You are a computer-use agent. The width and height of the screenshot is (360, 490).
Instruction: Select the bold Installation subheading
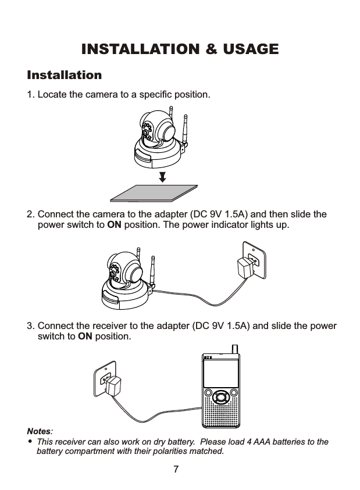(64, 76)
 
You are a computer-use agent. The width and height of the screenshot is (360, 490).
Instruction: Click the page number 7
(176, 469)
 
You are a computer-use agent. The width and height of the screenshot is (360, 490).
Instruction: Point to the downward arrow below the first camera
(163, 176)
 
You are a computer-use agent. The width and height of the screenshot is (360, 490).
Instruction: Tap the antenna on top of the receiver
(234, 348)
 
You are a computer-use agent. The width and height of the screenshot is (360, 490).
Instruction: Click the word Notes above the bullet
(39, 432)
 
